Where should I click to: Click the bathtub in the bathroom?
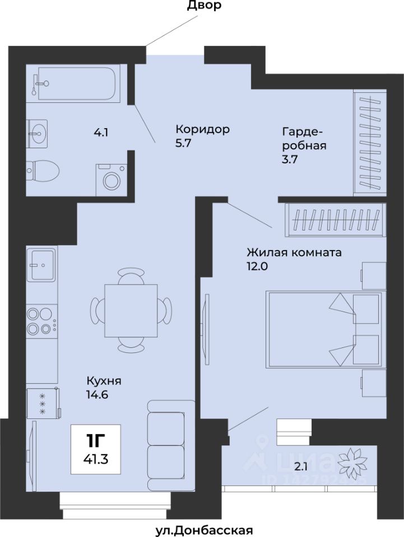point(78,83)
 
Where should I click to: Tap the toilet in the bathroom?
point(43,169)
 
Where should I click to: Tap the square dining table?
point(131,310)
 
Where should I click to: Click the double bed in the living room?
point(325,329)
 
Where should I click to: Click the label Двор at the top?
point(204,5)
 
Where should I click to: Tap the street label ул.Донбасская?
point(205,530)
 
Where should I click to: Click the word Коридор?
point(202,129)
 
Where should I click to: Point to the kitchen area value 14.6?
point(97,394)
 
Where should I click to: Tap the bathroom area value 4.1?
point(101,132)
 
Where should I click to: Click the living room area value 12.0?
point(257,266)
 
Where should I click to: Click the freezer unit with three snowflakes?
point(44,403)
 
